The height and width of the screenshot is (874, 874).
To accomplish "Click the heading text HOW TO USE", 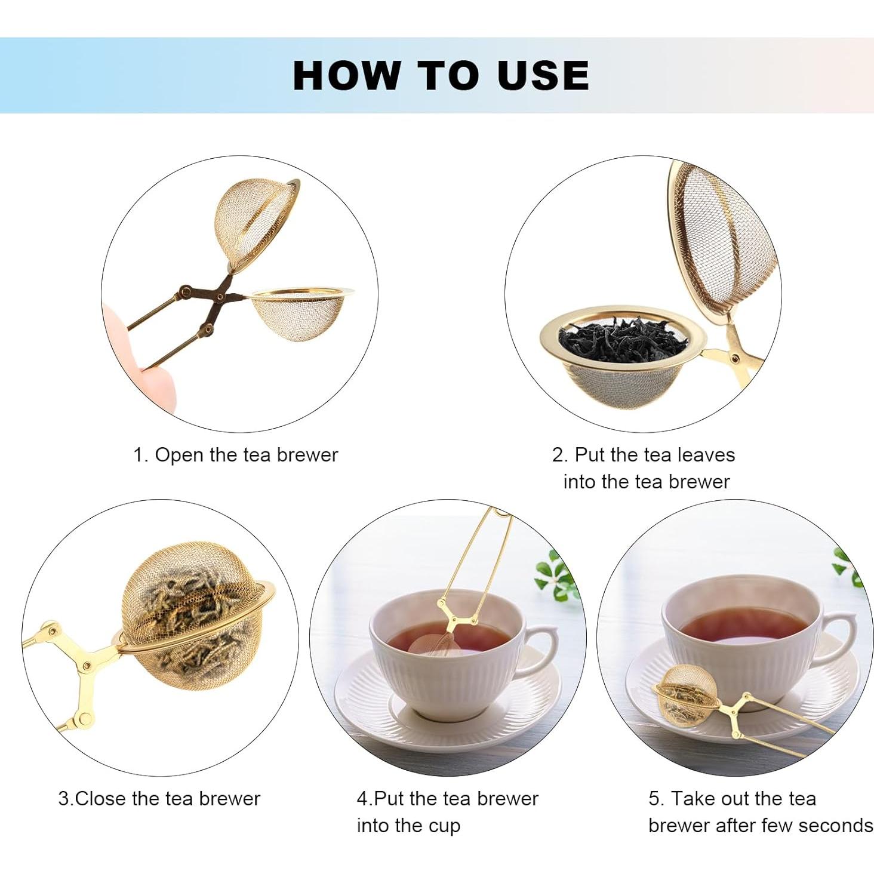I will [x=441, y=75].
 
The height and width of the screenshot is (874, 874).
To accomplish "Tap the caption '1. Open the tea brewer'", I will [x=235, y=455].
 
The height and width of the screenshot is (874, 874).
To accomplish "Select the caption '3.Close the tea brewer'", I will [x=159, y=798].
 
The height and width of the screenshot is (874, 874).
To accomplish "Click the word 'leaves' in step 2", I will [x=706, y=455].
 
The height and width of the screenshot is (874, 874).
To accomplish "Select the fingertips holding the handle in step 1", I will [x=140, y=358].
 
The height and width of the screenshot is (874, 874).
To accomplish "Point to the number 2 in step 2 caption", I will [x=559, y=455].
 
